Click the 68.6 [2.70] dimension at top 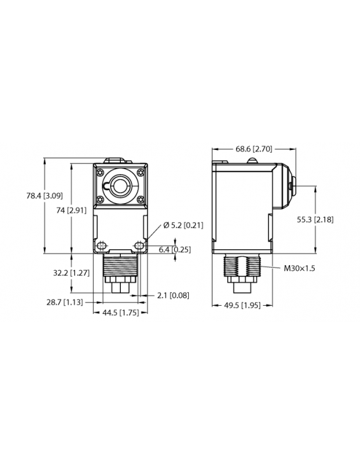(253, 149)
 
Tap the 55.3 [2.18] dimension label (316, 219)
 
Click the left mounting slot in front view (100, 243)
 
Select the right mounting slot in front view (138, 243)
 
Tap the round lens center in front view (119, 186)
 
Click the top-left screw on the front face (100, 170)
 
